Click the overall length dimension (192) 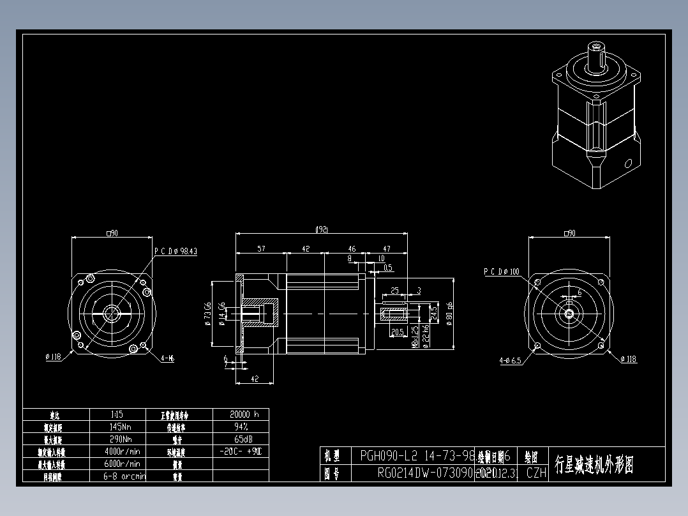(322, 229)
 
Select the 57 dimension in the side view (261, 249)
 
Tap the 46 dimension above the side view (352, 249)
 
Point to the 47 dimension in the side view (386, 249)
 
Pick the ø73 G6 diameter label (207, 314)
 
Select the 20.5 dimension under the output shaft (396, 332)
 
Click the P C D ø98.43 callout (176, 252)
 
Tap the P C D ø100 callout (502, 272)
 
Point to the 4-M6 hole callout (167, 358)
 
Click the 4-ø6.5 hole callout (510, 360)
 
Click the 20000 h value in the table (241, 414)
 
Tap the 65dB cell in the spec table (241, 439)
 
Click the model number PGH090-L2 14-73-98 (417, 456)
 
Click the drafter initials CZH (536, 473)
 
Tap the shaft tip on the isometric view (596, 47)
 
